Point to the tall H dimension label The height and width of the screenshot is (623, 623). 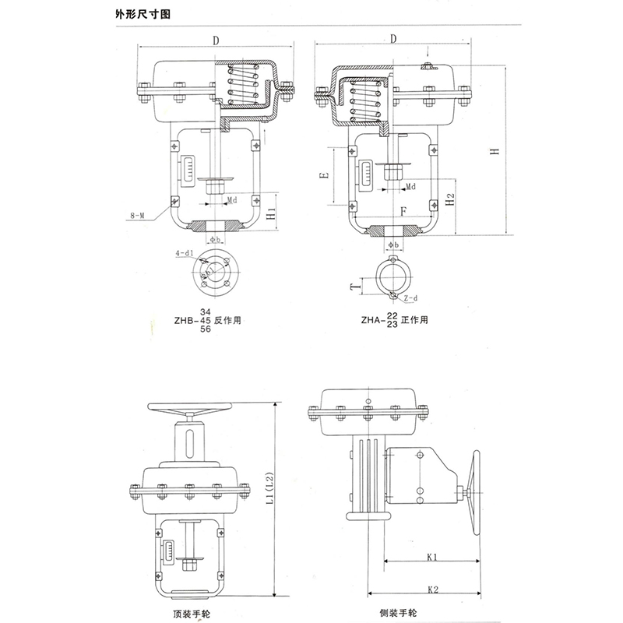coord(494,152)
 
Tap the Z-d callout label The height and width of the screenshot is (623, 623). coord(411,298)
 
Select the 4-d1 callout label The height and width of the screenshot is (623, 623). coord(184,253)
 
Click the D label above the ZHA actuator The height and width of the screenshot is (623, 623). coord(394,38)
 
